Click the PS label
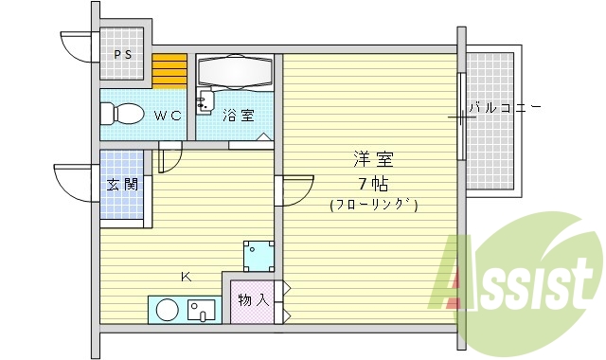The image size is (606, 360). pos(124,54)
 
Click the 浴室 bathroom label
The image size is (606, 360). pos(239,116)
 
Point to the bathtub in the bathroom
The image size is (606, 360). pos(236,72)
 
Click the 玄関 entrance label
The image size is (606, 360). pos(122,184)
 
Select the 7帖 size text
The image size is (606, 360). pos(372,184)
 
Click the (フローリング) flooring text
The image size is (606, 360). pos(373,205)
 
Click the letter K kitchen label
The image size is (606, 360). pos(187,277)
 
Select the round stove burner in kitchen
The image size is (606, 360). pos(168,311)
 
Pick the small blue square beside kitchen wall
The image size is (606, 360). pos(258,254)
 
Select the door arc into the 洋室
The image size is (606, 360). pos(295,189)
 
